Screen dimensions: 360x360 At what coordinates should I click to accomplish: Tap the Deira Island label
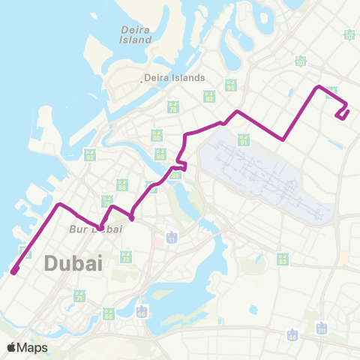coord(136,34)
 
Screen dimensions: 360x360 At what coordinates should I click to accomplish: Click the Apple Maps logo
coord(27,347)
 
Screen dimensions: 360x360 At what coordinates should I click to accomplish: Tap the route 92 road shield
coord(89,155)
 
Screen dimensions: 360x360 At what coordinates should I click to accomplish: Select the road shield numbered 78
coord(173,108)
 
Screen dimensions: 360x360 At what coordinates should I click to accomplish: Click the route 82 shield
coord(209,97)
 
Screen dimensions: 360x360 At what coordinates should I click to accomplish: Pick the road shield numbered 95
coord(231,86)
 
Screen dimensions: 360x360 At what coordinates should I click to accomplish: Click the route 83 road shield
coord(283,259)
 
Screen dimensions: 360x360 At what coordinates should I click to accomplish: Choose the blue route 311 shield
coord(322,328)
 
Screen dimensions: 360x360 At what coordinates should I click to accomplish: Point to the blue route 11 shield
coord(172,238)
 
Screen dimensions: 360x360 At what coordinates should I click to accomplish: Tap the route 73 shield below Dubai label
coord(125,257)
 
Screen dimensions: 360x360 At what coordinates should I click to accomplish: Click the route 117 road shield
coord(349,34)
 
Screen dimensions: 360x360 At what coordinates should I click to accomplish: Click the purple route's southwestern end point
coord(14,271)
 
